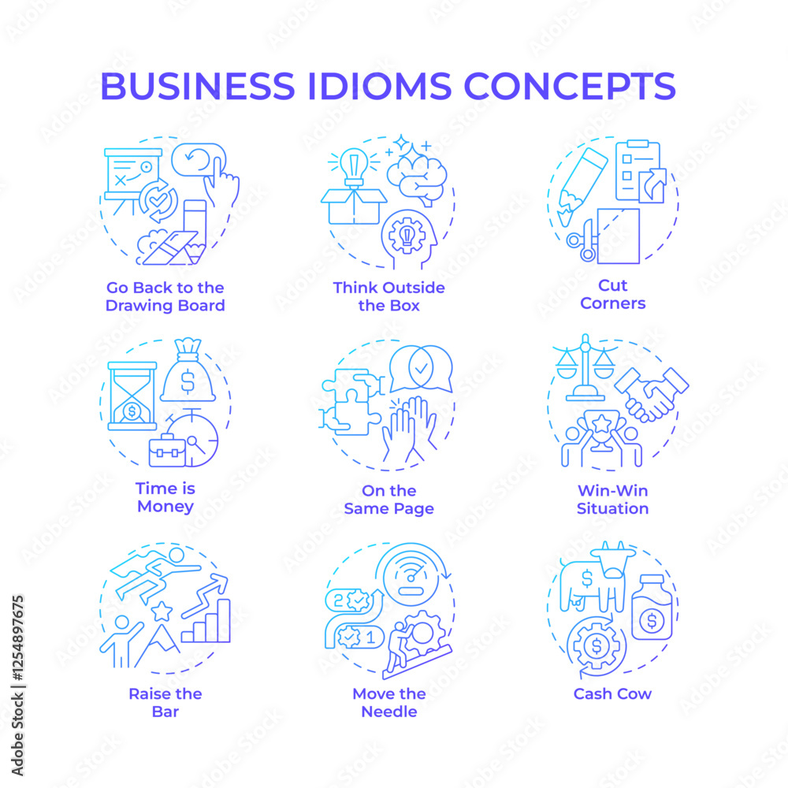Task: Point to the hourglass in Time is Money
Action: [132, 396]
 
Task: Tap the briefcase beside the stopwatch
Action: [167, 450]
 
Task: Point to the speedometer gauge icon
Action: [410, 576]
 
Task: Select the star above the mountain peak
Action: [162, 611]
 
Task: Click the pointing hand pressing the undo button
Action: [221, 182]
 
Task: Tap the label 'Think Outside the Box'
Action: [389, 296]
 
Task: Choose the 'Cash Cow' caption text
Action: [612, 693]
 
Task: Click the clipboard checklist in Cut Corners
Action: [638, 171]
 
